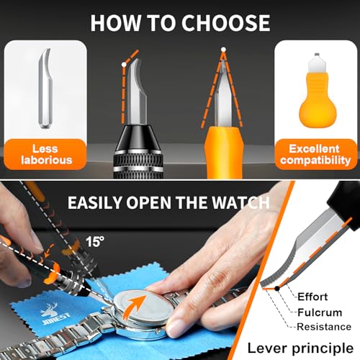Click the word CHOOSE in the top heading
[225, 23]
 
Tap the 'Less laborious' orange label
[45, 154]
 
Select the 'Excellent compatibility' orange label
[315, 154]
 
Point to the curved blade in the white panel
[45, 89]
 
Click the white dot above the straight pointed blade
[223, 50]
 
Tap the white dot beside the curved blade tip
[124, 65]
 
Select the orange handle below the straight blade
[224, 153]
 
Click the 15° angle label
[95, 241]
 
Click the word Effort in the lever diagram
[312, 297]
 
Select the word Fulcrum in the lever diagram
[320, 312]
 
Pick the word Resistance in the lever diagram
[324, 327]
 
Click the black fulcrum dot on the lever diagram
[277, 288]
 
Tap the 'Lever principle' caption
[300, 348]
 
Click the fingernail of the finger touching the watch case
[174, 329]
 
